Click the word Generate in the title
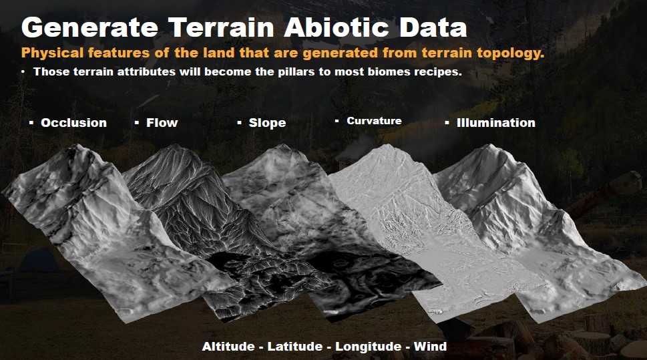[89, 27]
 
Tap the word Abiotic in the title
[336, 27]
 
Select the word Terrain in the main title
[221, 27]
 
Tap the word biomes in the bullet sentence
[389, 72]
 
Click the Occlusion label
[74, 123]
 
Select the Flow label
[162, 123]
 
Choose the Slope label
[267, 123]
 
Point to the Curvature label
[375, 121]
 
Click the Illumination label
[496, 123]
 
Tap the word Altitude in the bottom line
[228, 347]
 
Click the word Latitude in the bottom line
[295, 347]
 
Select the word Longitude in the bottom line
[368, 347]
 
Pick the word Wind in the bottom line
[431, 347]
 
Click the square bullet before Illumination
[447, 123]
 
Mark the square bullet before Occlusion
[31, 123]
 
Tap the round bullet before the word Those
[23, 72]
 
